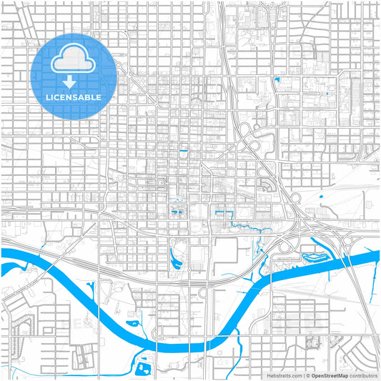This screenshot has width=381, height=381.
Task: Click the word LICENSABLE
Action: point(73,97)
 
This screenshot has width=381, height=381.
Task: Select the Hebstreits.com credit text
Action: point(282,375)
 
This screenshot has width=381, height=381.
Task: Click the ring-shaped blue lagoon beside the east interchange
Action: point(315,256)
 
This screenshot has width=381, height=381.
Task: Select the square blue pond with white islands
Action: point(143,368)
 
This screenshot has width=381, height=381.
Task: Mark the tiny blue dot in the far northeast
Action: point(326,94)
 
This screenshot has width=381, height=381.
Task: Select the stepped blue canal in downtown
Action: point(223,214)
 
